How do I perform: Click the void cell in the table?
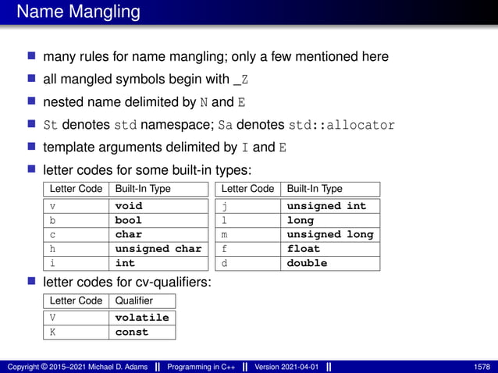tap(129, 206)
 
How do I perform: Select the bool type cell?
tap(129, 220)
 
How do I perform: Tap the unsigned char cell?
tap(158, 249)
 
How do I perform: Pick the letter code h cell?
tap(53, 249)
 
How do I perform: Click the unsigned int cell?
tap(326, 206)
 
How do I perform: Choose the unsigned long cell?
tap(329, 234)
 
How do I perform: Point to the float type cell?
tap(304, 249)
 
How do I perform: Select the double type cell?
tap(307, 263)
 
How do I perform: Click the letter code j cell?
tap(225, 206)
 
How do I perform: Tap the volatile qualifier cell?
tap(141, 318)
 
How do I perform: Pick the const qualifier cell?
tap(131, 332)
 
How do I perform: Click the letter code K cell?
tap(53, 332)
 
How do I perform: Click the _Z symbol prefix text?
tap(242, 80)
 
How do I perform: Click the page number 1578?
tap(482, 367)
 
